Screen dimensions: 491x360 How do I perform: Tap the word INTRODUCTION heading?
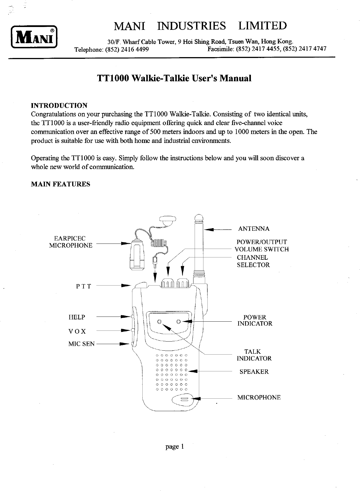click(59, 106)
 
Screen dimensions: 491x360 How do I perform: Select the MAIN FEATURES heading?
click(60, 184)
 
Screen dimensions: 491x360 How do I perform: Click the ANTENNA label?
click(254, 229)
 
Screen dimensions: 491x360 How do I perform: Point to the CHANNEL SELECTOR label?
click(253, 261)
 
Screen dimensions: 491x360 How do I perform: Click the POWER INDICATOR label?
click(255, 320)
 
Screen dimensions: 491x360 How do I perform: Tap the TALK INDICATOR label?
click(254, 355)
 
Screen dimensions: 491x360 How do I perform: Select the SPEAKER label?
click(254, 372)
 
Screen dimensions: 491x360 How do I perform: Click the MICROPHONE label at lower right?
click(259, 397)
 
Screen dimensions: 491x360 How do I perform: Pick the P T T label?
click(84, 286)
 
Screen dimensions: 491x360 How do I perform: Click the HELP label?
click(77, 317)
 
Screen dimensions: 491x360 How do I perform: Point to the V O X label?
click(77, 331)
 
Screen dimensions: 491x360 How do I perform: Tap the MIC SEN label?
click(81, 344)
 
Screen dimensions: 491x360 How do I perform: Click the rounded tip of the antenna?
click(199, 218)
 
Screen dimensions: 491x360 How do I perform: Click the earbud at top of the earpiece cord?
click(168, 221)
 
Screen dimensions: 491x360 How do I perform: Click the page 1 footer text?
click(175, 447)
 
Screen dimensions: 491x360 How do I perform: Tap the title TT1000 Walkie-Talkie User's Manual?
click(174, 78)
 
